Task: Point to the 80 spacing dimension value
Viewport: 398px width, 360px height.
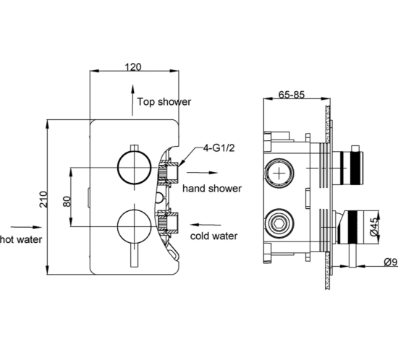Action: click(66, 195)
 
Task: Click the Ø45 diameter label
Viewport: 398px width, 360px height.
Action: click(373, 228)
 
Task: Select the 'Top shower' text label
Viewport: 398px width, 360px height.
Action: click(164, 102)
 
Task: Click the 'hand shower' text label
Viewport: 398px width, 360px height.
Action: click(211, 188)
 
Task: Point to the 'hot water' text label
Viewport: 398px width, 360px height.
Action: click(21, 238)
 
